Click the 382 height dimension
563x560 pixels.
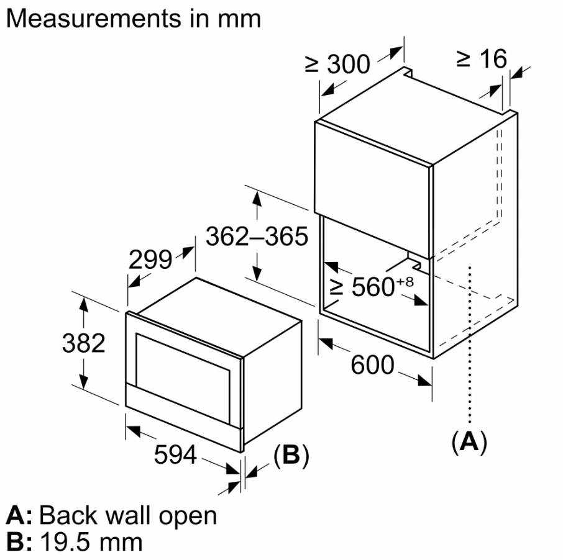(x=83, y=343)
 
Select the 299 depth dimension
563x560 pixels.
(x=150, y=260)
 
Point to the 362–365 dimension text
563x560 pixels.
(x=257, y=236)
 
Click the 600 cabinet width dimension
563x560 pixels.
(x=372, y=365)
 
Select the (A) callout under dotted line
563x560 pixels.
(x=469, y=441)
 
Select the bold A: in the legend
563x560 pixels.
(x=19, y=515)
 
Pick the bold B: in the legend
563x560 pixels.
(x=19, y=541)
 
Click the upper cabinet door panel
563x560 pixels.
(x=373, y=168)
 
